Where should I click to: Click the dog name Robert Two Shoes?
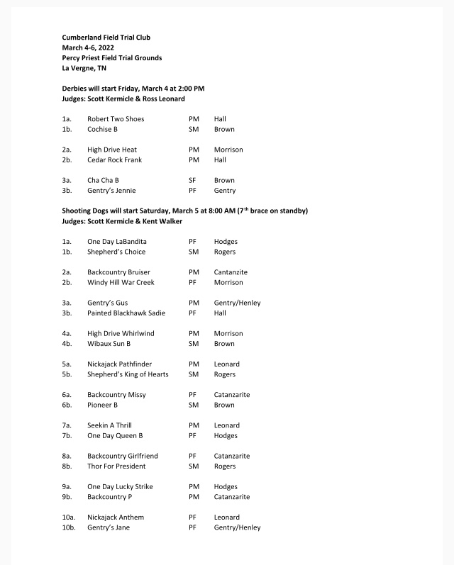pos(116,119)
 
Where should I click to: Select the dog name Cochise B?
pos(102,130)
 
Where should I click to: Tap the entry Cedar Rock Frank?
pos(114,160)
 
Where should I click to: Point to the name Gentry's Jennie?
pos(111,191)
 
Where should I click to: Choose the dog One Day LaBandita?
pos(117,242)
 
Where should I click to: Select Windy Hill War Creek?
pos(121,283)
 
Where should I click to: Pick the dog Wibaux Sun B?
pos(109,344)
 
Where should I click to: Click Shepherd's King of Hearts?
pos(128,374)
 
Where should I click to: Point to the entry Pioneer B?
pos(102,405)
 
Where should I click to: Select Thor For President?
pos(116,466)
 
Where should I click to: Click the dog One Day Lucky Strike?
pos(120,487)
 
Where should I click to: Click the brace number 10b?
pos(69,527)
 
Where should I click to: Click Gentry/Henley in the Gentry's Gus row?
pos(237,303)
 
